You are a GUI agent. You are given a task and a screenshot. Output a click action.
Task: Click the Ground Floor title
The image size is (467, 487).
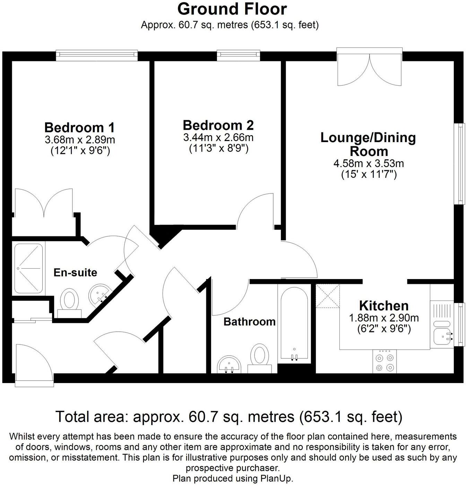click(x=232, y=9)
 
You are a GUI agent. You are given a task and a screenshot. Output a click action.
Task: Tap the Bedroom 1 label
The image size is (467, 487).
click(x=79, y=128)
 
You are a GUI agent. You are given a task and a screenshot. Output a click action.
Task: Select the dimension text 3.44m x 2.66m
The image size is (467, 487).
click(x=218, y=138)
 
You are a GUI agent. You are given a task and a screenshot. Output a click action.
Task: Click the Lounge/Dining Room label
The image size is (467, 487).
click(x=368, y=144)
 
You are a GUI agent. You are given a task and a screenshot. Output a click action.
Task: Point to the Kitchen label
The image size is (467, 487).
click(x=384, y=306)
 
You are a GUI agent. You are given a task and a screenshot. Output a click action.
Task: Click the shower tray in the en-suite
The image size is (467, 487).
click(x=29, y=268)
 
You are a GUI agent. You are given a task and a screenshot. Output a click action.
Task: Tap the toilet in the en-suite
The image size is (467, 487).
click(x=69, y=302)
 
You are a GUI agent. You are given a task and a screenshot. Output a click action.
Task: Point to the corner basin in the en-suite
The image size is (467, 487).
click(x=100, y=294)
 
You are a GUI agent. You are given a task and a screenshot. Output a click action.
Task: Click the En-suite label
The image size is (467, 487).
click(x=75, y=272)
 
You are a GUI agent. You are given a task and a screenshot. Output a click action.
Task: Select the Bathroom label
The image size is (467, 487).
click(x=249, y=322)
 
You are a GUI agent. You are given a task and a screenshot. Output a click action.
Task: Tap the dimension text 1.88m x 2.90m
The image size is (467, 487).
click(x=383, y=318)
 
